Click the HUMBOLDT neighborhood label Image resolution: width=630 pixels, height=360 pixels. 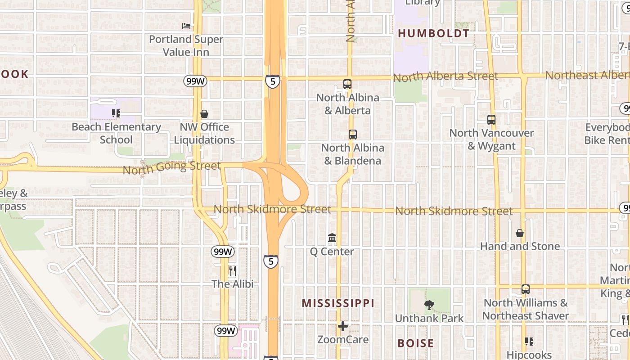[433, 33]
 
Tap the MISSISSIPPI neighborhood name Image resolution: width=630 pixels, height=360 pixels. [338, 303]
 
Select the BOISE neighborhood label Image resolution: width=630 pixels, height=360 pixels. [416, 343]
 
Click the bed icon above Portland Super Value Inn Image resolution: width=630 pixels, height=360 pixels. [186, 26]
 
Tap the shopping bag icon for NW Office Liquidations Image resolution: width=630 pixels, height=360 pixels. [204, 114]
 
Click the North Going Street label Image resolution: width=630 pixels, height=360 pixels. [171, 167]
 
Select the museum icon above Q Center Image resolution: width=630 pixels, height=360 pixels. [332, 238]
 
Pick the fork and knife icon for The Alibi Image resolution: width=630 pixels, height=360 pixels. [233, 270]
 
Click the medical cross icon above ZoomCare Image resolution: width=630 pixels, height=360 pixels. [343, 326]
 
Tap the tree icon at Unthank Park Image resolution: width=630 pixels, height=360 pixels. [429, 305]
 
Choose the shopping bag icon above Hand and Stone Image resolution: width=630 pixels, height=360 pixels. [520, 233]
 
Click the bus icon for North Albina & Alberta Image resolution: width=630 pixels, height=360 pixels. [347, 84]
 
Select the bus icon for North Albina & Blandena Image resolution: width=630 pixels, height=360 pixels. [353, 135]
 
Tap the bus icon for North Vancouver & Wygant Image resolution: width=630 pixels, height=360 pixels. [491, 120]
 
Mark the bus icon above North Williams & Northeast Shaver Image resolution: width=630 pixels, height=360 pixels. [526, 289]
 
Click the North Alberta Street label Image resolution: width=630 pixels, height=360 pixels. [445, 76]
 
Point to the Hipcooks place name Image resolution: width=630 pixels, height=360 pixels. [529, 355]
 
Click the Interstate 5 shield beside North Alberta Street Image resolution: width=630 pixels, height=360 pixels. [272, 81]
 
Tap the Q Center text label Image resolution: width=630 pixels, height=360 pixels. [332, 252]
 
